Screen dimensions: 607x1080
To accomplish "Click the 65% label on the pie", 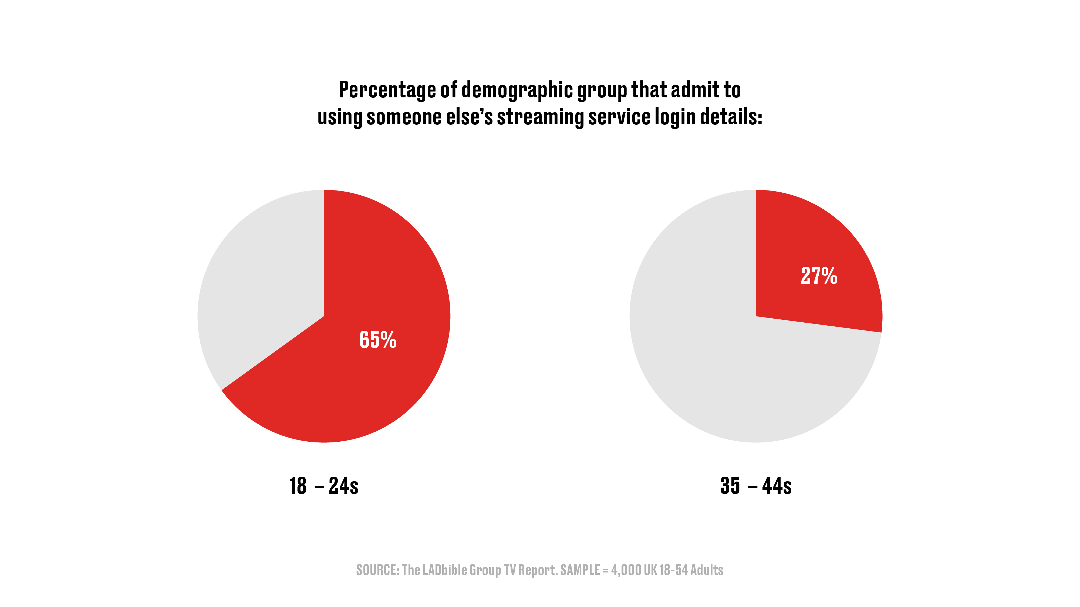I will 378,340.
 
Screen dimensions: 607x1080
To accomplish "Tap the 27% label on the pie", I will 819,276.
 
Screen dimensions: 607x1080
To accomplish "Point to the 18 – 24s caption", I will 324,486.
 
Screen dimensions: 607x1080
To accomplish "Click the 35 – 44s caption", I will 756,486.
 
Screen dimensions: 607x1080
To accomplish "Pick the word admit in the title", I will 687,90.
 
